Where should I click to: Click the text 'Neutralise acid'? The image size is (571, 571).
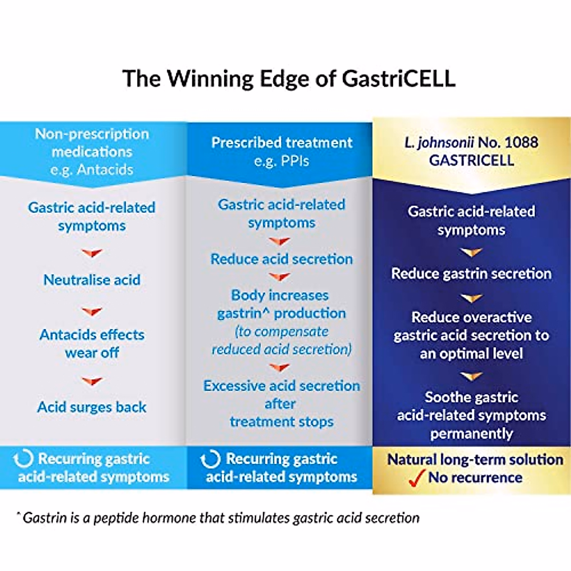coord(92,280)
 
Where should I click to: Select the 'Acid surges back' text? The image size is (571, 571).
coord(92,407)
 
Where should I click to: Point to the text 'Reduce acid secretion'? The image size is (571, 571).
coord(282,259)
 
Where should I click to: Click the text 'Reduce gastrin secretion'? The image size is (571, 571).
coord(471,274)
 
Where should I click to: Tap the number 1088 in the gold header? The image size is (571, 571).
coord(521,142)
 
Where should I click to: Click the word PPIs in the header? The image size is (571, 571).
coord(295,161)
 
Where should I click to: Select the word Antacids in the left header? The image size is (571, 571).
coord(105,170)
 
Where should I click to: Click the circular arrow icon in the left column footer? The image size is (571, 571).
coord(23,459)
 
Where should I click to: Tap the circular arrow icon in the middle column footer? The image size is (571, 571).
coord(210,459)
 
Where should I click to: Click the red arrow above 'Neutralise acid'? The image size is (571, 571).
coord(92,253)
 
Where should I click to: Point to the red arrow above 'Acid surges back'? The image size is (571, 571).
coord(92,382)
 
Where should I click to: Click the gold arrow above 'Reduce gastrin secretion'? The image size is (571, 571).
coord(471,252)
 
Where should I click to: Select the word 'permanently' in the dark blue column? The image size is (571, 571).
coord(471,434)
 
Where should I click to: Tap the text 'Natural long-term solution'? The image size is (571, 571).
coord(475,460)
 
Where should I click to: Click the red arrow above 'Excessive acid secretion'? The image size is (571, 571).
coord(280,367)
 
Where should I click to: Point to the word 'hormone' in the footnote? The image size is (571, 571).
coord(169,518)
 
